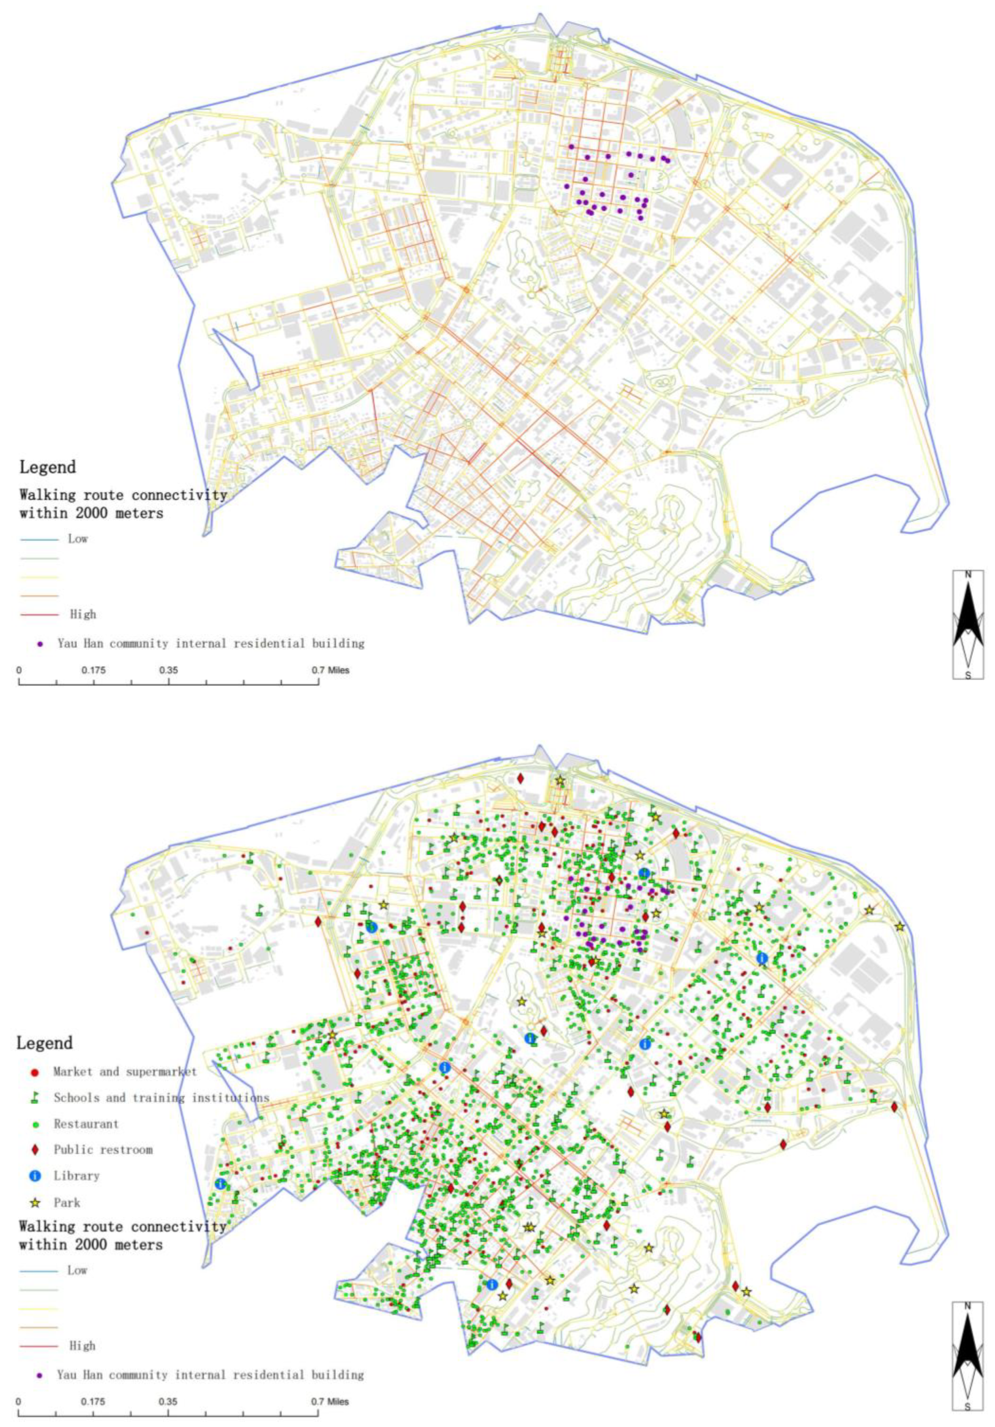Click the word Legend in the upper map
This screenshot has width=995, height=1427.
[x=47, y=467]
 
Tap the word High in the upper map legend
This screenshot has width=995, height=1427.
[x=83, y=614]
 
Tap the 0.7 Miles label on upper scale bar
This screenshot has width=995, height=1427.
[x=330, y=670]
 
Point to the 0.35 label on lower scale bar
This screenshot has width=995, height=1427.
[x=168, y=1401]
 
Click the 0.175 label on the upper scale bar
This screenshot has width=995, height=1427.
[x=93, y=670]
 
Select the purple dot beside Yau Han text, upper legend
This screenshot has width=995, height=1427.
[x=40, y=644]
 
